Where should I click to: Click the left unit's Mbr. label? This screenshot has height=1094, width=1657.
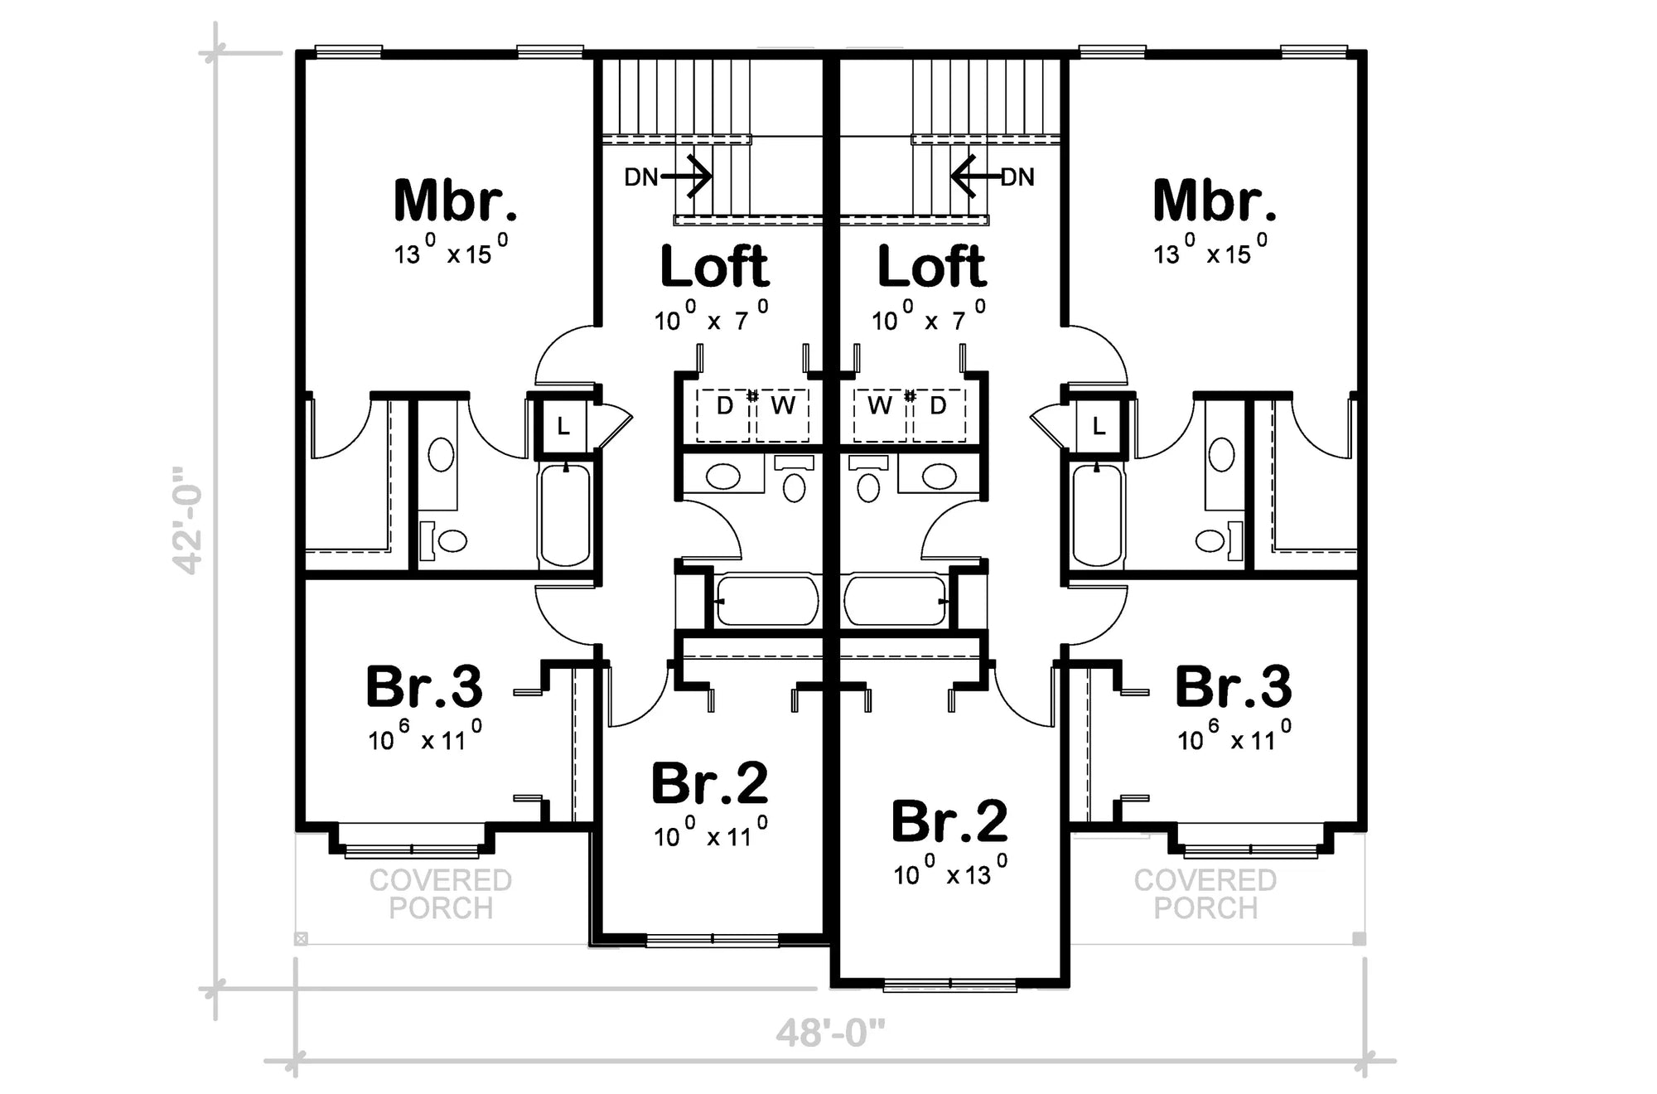456,201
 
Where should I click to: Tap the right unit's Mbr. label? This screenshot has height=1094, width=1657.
1214,201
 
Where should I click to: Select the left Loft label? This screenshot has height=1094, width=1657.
714,267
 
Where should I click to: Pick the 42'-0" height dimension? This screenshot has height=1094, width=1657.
188,520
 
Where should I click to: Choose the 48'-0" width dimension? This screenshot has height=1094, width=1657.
830,1033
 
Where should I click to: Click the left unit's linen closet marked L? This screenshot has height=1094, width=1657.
563,427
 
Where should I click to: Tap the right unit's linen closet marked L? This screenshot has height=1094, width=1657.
1099,427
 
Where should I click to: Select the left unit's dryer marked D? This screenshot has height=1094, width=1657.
724,406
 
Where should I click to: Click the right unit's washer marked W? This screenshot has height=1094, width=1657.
880,406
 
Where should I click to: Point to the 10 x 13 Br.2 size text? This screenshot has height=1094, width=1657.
950,874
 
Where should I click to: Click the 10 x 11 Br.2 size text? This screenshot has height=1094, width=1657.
711,835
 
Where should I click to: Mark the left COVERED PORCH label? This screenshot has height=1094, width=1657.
441,894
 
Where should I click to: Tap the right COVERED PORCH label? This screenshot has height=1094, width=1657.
1205,894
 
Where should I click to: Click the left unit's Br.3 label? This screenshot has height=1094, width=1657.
424,687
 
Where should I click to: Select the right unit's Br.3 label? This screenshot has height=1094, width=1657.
1233,687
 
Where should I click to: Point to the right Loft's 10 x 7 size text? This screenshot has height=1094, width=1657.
929,319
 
